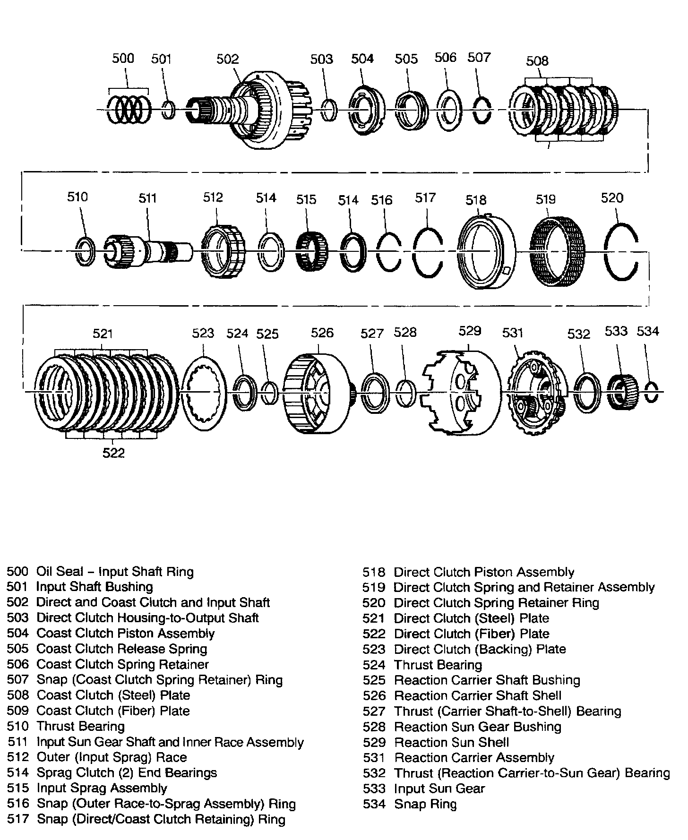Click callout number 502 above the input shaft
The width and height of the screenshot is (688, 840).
[x=227, y=59]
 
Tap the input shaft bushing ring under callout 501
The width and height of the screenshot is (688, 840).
[x=168, y=110]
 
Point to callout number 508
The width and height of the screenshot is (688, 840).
[x=537, y=61]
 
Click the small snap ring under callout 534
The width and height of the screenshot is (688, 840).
[x=652, y=392]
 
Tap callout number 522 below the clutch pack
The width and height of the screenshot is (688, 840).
[x=113, y=453]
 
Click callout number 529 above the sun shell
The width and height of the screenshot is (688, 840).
[x=470, y=331]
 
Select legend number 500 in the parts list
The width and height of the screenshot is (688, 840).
[x=17, y=572]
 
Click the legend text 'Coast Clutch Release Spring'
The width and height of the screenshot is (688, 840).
[x=121, y=649]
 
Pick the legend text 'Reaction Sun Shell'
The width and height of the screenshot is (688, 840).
[x=451, y=742]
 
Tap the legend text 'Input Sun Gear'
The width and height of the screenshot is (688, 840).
[x=439, y=789]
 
